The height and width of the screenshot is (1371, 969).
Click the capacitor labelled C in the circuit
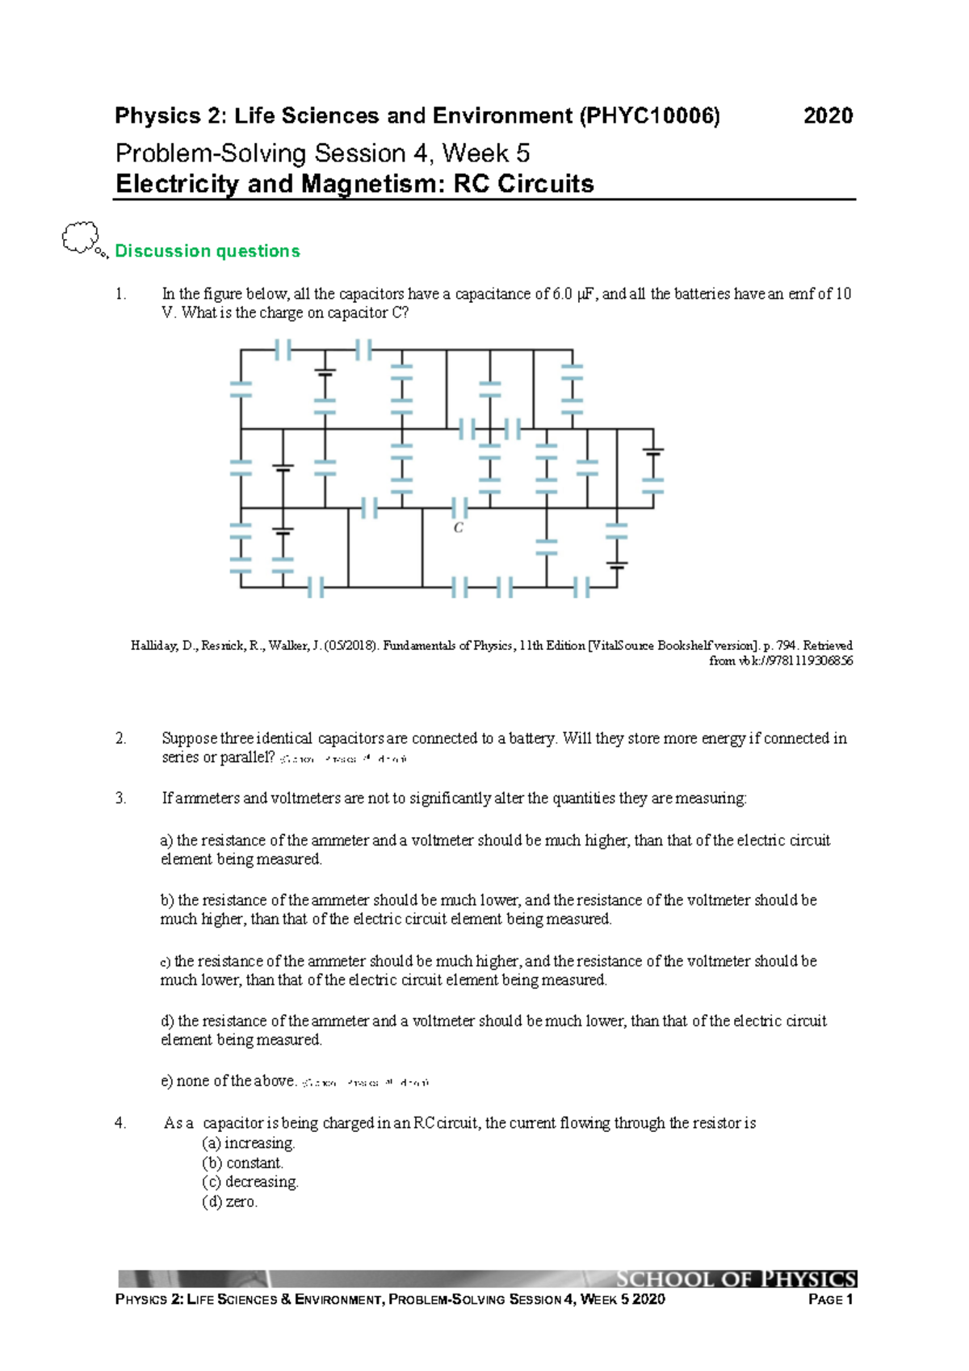(459, 508)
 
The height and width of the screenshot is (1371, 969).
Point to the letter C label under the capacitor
(459, 528)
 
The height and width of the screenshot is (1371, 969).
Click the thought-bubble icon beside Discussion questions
(81, 238)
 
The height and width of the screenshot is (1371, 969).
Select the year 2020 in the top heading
(828, 116)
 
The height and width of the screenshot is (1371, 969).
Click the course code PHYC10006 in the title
(649, 116)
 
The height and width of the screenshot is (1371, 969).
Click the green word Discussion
(162, 251)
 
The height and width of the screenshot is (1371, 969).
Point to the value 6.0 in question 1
(562, 294)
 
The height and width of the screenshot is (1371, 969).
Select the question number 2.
(120, 738)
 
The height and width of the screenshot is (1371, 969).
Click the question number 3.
(120, 799)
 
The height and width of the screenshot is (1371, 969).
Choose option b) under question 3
(167, 900)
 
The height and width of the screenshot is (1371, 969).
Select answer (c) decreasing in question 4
(250, 1182)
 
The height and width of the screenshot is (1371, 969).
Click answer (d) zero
(230, 1202)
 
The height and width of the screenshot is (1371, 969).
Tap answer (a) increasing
(249, 1143)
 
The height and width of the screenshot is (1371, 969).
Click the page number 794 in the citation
(786, 646)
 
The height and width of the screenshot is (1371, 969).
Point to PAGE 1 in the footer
(830, 1299)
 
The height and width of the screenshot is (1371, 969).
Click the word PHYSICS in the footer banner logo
(809, 1279)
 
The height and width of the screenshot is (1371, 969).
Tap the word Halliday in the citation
(154, 646)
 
